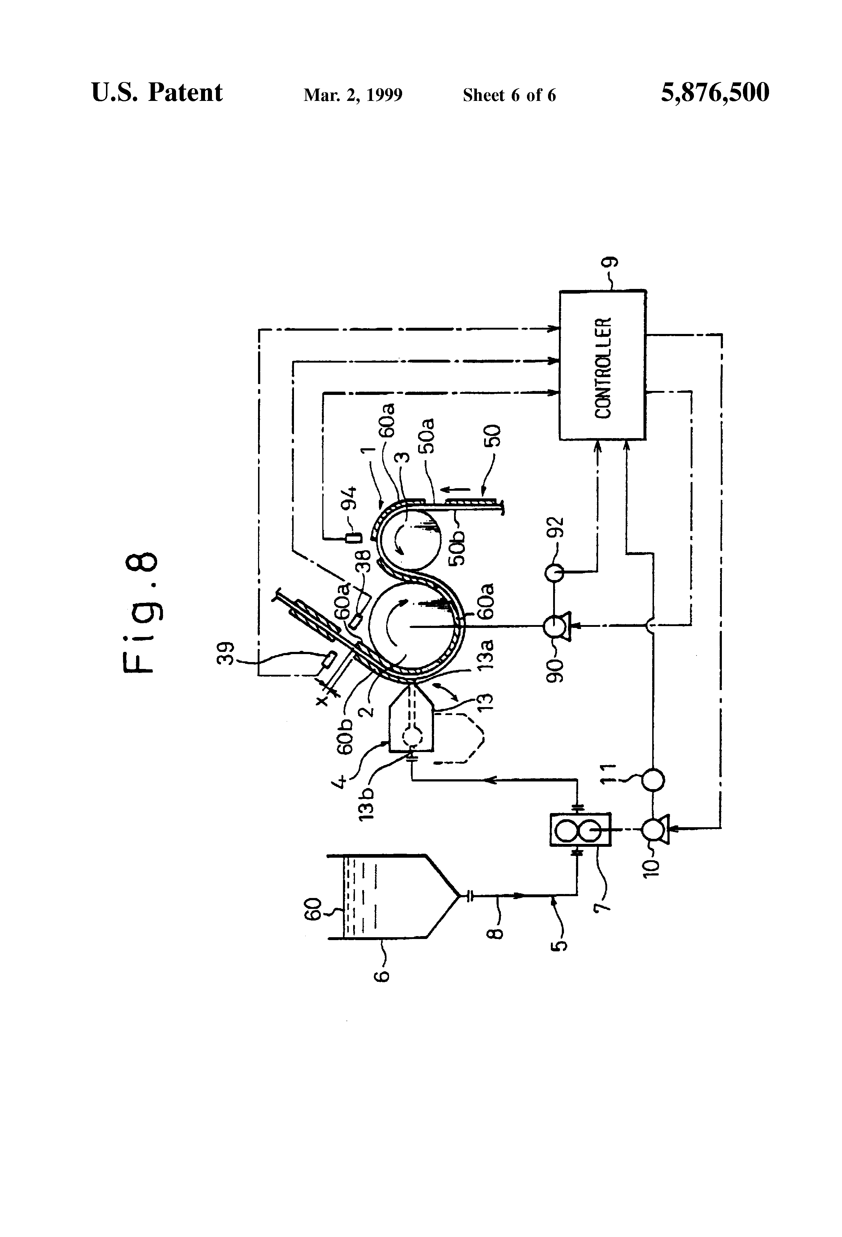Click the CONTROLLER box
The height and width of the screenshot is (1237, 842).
click(602, 365)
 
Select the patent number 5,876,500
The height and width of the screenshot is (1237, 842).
click(715, 93)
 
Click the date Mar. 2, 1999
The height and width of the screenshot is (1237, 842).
click(353, 95)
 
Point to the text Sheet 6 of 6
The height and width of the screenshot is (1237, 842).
click(509, 95)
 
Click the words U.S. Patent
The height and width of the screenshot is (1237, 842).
click(157, 93)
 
